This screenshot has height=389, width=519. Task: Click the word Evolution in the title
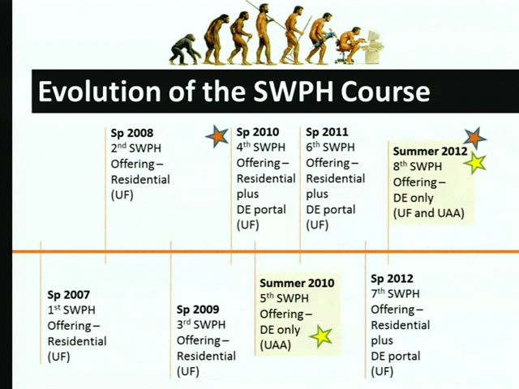[99, 92]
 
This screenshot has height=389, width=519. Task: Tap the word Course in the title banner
[385, 92]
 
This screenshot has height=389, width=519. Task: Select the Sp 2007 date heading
[68, 294]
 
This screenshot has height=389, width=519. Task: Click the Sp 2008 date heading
[132, 133]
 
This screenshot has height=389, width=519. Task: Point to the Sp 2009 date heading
[198, 310]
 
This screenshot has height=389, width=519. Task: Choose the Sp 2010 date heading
[258, 132]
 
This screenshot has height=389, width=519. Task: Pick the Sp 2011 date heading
[327, 132]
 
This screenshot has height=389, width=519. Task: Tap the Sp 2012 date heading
[392, 279]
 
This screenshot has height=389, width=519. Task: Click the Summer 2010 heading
[297, 283]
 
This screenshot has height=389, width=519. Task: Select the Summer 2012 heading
[431, 152]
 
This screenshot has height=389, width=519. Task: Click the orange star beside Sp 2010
[217, 135]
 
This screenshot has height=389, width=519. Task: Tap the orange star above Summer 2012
[475, 138]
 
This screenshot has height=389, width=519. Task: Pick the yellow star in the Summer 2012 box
[474, 164]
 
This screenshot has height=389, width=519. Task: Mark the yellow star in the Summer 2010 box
[321, 336]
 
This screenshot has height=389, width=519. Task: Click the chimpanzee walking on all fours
[185, 49]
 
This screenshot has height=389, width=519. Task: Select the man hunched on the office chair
[351, 45]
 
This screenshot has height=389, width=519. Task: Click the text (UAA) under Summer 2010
[276, 345]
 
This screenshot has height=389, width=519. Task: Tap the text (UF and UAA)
[429, 213]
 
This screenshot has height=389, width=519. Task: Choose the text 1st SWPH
[71, 310]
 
